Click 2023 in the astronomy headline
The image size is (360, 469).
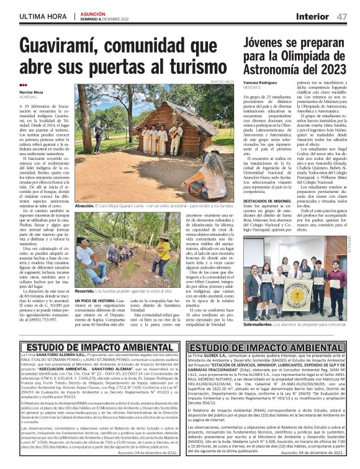tap(338, 69)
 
